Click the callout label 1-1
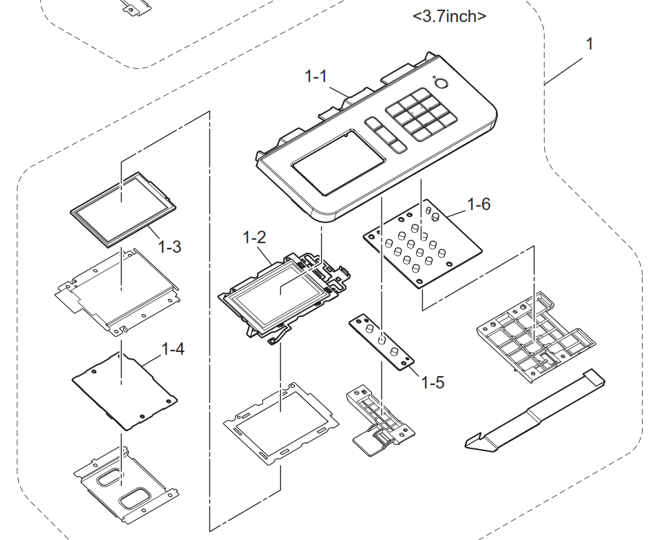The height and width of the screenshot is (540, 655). tap(316, 77)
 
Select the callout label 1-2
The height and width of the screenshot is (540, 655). tap(254, 238)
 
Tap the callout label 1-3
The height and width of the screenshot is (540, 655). tap(169, 246)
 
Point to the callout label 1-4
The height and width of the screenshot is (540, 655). tap(173, 349)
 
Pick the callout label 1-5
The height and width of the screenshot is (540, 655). tap(431, 382)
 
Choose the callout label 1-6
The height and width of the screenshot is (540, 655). tap(478, 205)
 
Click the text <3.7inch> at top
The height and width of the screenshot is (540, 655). tap(449, 17)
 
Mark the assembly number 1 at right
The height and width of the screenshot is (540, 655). tap(589, 44)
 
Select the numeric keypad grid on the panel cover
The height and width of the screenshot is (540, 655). tap(422, 114)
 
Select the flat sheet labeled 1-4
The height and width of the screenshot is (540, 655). tap(124, 390)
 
